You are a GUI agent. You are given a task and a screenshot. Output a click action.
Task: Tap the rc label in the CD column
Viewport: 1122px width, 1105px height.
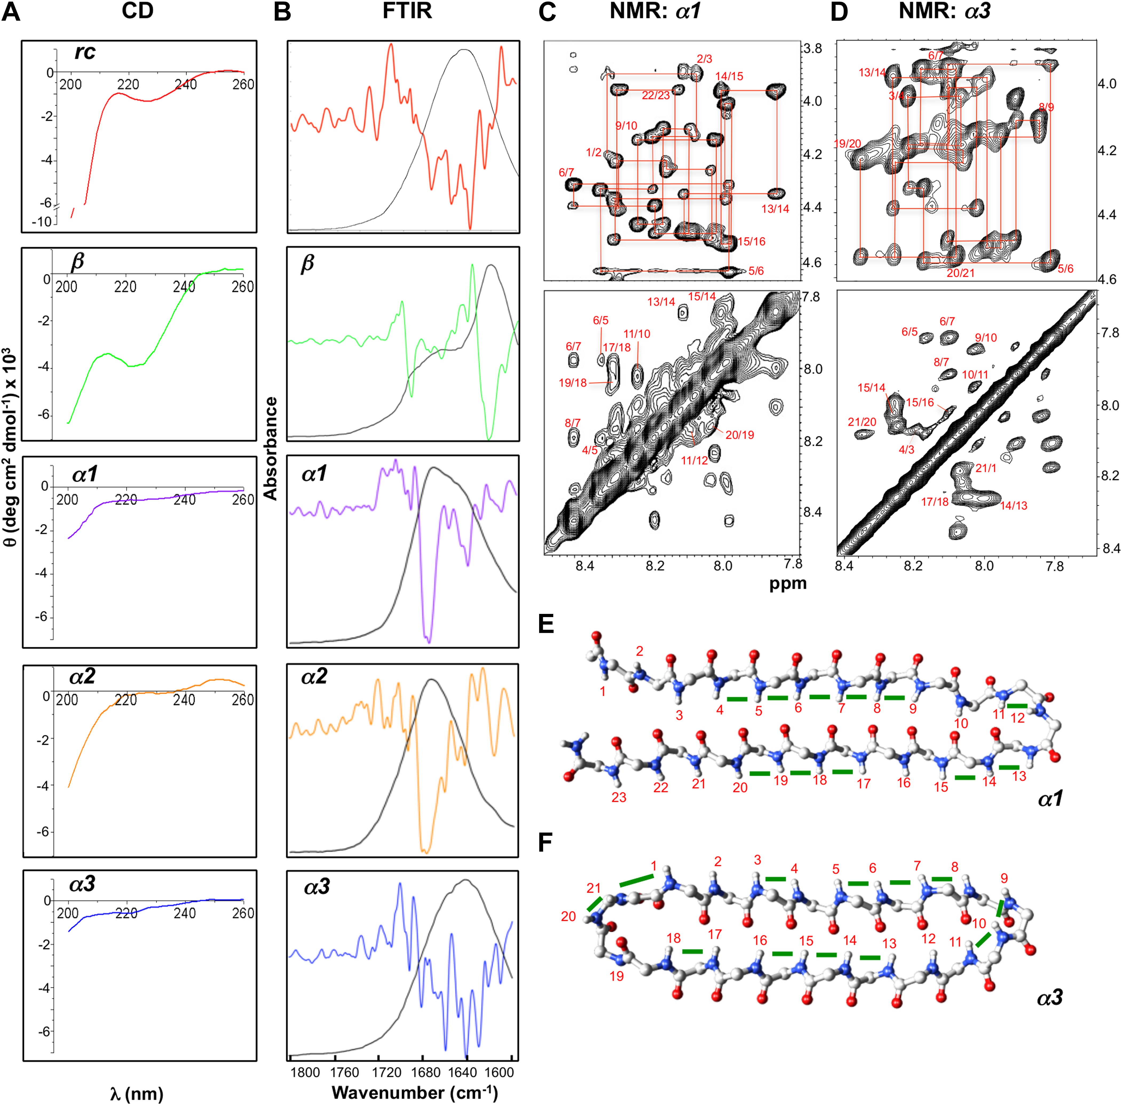pos(85,52)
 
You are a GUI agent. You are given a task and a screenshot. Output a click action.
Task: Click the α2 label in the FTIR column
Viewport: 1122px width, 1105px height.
pos(314,676)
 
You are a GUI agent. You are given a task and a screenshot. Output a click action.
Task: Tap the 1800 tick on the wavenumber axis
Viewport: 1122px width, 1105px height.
pos(305,1072)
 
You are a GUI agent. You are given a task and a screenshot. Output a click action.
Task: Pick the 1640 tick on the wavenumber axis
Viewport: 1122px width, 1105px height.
pos(463,1072)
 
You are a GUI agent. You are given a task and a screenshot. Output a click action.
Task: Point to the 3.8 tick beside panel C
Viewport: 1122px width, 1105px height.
pos(812,49)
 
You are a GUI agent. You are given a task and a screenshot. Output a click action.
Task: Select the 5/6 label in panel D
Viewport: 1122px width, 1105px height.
pos(1065,269)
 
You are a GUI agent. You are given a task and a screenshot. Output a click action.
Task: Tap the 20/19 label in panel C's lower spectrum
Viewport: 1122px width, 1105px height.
pos(740,435)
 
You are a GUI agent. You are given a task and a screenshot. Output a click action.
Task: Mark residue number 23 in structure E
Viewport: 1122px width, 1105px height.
pos(619,797)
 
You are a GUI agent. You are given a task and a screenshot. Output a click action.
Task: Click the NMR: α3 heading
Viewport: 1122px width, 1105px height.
pos(944,11)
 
